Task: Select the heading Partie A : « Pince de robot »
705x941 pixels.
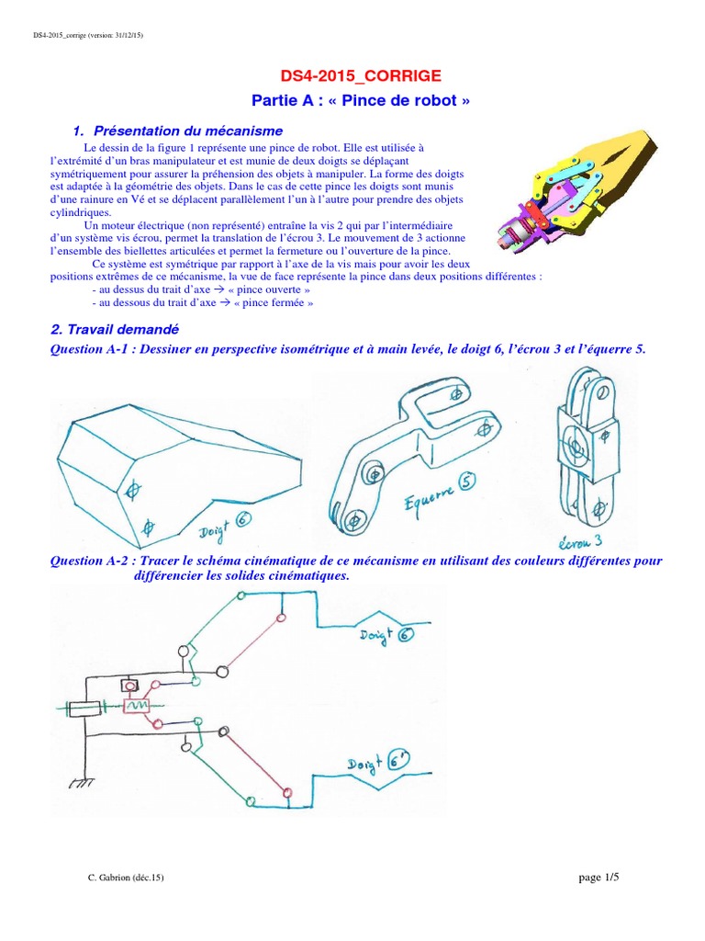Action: [x=352, y=100]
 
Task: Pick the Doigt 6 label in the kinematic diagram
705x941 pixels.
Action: [x=386, y=636]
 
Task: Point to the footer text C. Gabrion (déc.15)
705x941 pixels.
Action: [x=125, y=879]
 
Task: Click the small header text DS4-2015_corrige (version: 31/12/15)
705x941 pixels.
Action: [x=82, y=35]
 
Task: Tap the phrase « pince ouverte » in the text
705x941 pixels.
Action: [x=274, y=289]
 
